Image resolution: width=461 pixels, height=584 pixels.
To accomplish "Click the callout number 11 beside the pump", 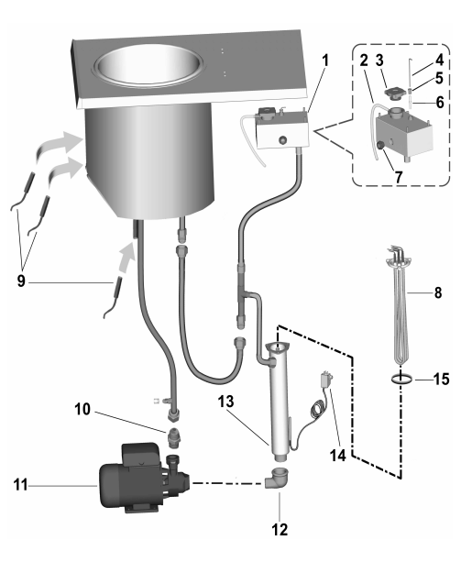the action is tap(20, 485).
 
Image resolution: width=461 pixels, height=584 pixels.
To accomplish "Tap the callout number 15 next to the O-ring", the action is tap(441, 380).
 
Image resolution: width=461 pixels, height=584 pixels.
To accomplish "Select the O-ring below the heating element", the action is tap(401, 380).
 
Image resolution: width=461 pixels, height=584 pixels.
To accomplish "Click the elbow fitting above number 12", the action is tap(276, 477).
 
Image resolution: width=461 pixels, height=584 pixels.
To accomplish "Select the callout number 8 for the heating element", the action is tap(438, 292).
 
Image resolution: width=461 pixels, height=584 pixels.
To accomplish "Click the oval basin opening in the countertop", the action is tap(148, 65).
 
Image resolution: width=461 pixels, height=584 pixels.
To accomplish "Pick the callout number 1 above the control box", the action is tap(326, 60).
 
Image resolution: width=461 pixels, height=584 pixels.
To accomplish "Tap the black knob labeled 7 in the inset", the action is tap(379, 146).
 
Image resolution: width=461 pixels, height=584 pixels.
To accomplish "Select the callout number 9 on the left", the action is tap(21, 281).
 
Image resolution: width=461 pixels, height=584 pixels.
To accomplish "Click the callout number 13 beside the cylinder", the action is tap(226, 402).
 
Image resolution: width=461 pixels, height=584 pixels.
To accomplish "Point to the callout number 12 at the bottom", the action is tap(280, 529).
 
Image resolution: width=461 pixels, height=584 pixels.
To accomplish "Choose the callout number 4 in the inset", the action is tap(439, 59).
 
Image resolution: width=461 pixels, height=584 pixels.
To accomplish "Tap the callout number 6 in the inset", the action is tap(440, 102).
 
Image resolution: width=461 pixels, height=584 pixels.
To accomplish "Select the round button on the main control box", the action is tap(283, 139).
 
